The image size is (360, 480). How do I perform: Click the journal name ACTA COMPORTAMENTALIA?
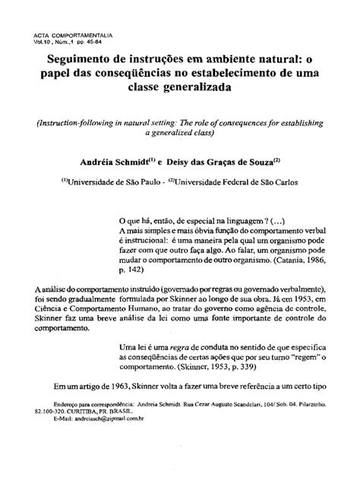(x=70, y=36)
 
